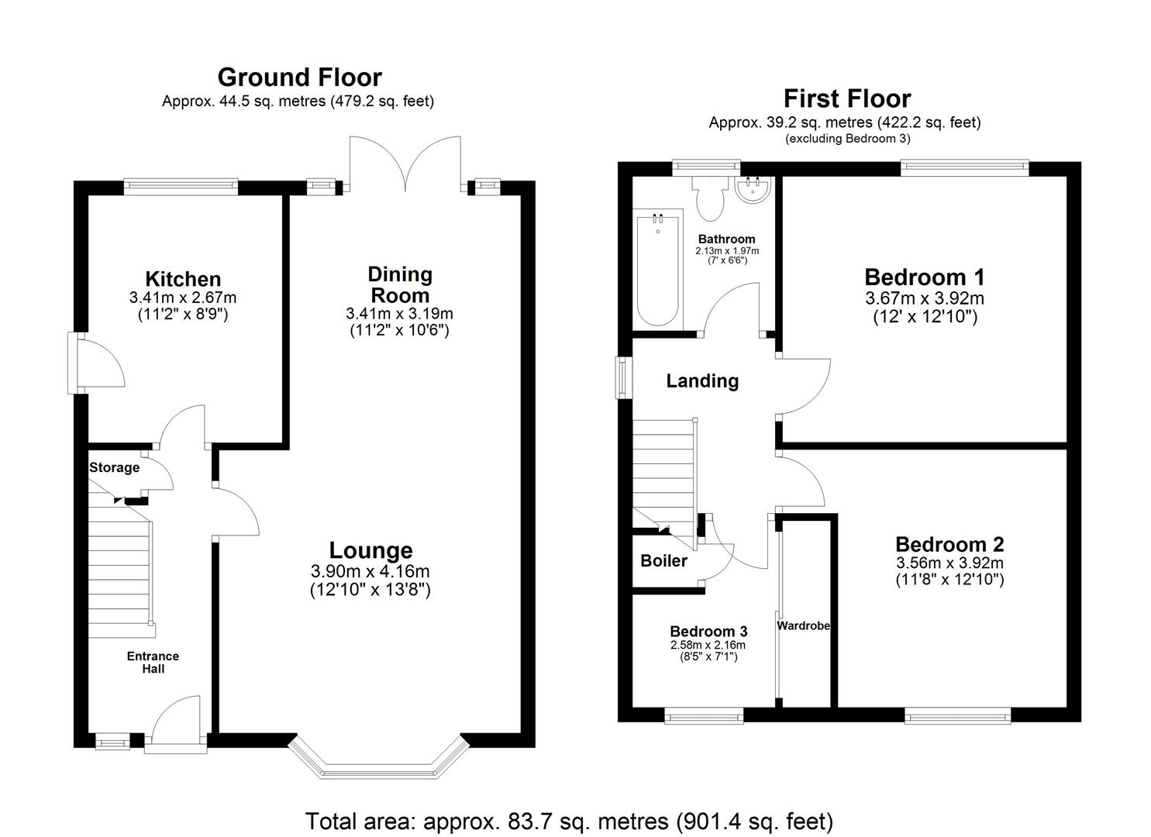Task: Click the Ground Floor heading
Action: pyautogui.click(x=299, y=77)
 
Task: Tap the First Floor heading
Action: pyautogui.click(x=846, y=98)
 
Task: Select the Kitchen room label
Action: pyautogui.click(x=183, y=279)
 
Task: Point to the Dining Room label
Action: pyautogui.click(x=399, y=284)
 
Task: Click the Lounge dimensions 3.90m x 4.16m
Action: pyautogui.click(x=370, y=572)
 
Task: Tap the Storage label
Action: pyautogui.click(x=114, y=467)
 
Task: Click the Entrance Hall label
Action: pyautogui.click(x=153, y=662)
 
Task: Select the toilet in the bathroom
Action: pyautogui.click(x=709, y=198)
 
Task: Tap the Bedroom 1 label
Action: pyautogui.click(x=924, y=277)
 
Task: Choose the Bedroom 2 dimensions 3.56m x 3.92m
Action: pyautogui.click(x=949, y=563)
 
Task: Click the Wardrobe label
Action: pyautogui.click(x=804, y=625)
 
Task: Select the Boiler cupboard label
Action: pyautogui.click(x=663, y=560)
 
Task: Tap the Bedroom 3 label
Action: pyautogui.click(x=708, y=631)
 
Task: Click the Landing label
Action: pyautogui.click(x=702, y=381)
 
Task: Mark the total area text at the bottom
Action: pyautogui.click(x=569, y=821)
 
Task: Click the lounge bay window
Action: pyautogui.click(x=378, y=763)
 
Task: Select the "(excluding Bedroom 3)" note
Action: pyautogui.click(x=847, y=139)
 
